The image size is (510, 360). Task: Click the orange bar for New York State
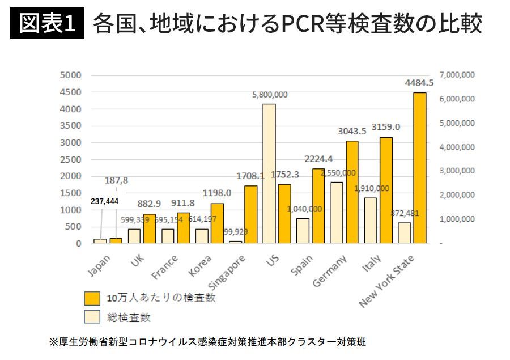(x=419, y=168)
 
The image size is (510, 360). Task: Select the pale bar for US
(x=269, y=173)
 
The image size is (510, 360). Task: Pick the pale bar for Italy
(x=371, y=220)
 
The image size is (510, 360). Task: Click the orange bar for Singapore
(x=251, y=214)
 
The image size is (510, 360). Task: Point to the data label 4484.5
(x=419, y=83)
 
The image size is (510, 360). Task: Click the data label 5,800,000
(x=270, y=95)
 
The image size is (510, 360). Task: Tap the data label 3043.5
(x=352, y=131)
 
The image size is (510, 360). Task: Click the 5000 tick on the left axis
(x=72, y=75)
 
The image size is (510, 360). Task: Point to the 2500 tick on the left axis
(x=72, y=159)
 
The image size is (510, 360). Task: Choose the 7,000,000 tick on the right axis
(x=456, y=75)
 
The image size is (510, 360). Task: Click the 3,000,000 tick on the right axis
(x=456, y=171)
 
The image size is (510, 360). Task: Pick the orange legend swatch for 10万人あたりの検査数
(x=92, y=298)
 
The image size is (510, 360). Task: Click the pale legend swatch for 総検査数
(x=92, y=317)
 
